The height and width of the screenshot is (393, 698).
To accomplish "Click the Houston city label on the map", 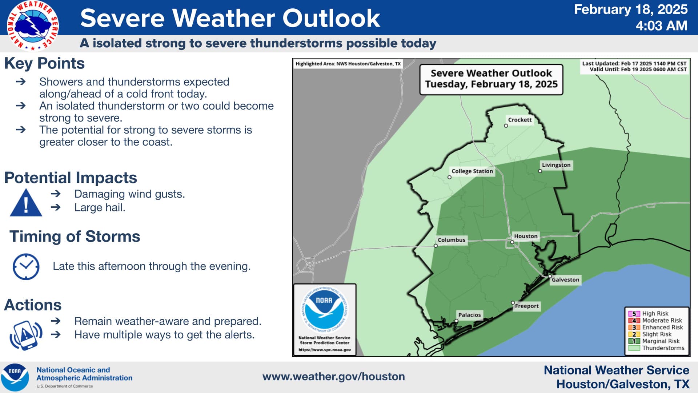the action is point(525,236).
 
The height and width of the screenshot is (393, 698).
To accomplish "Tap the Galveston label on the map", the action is point(565,280).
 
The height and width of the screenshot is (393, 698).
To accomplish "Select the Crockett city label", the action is point(520,120).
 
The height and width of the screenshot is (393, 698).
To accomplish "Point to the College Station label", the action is point(472,171).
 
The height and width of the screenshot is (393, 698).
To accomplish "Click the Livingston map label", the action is point(556,165).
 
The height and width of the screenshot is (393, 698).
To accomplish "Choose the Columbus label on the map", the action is point(451,240).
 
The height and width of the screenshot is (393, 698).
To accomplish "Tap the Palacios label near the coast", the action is point(469,315).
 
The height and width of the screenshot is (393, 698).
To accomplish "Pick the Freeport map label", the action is point(527,306).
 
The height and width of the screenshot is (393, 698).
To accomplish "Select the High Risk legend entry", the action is point(649,313).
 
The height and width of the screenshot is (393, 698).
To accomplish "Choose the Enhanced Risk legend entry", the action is point(656,327).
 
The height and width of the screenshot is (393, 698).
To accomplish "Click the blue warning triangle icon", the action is point(26,203).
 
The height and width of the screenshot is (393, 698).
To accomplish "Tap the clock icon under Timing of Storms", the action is point(26,267).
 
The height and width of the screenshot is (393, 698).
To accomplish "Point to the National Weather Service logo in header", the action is point(33,25).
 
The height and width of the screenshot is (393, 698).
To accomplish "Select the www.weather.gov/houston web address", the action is point(334,377).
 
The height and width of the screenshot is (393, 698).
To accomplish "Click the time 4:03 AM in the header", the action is point(661,26).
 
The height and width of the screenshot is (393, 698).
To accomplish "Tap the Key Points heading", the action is point(44,63).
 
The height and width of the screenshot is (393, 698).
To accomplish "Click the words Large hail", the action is point(100,207).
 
